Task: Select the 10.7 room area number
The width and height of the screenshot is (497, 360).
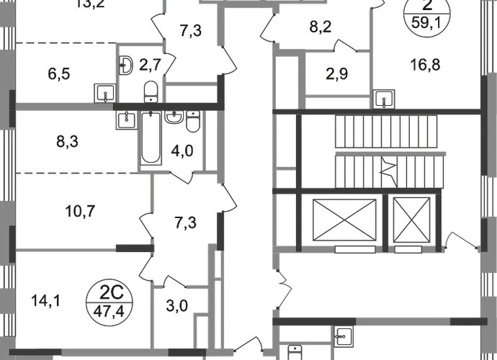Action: pyautogui.click(x=80, y=212)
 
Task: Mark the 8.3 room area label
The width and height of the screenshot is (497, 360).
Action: pyautogui.click(x=65, y=142)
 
